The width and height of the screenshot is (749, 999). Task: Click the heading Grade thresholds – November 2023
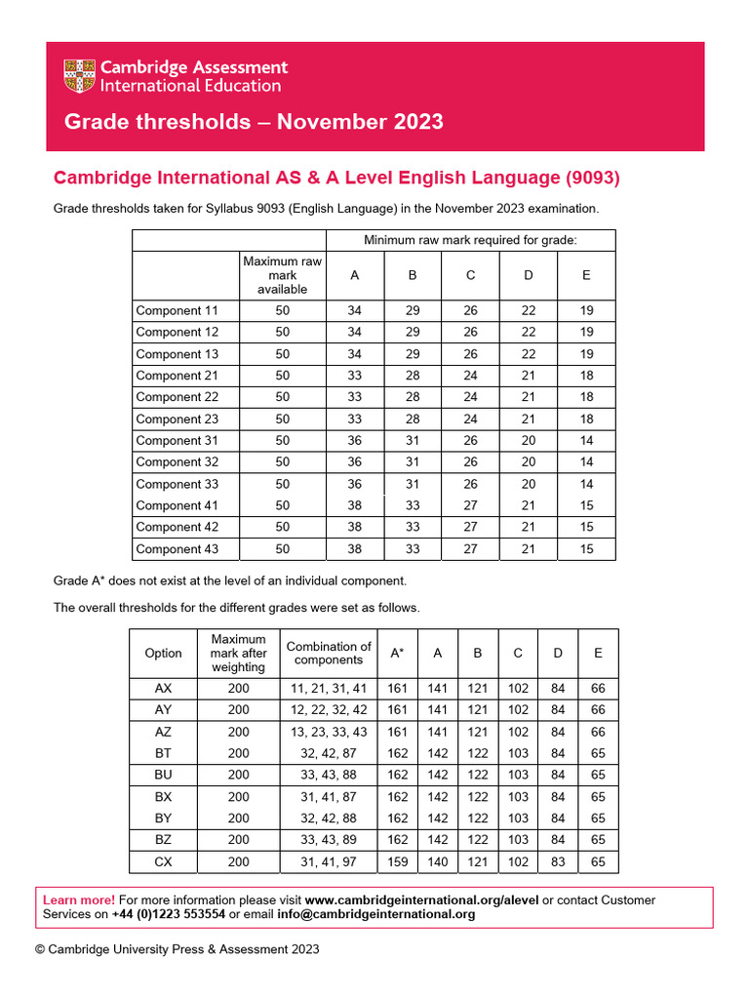click(253, 122)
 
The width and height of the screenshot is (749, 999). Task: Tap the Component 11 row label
click(177, 310)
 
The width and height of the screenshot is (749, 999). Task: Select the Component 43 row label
click(177, 549)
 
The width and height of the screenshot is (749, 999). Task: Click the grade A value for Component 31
click(355, 440)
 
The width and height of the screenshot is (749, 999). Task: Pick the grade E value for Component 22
click(586, 397)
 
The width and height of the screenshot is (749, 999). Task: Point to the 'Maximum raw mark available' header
click(282, 275)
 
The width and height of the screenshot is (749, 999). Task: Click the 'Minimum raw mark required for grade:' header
click(470, 240)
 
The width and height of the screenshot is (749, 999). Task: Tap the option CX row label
click(163, 861)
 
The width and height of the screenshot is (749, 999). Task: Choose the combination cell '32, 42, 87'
click(328, 753)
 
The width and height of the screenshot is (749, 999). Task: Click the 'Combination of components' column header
click(328, 653)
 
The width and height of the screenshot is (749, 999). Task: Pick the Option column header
click(163, 653)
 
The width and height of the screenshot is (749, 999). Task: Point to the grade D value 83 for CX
click(558, 861)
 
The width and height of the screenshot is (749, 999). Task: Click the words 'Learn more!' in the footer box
click(79, 899)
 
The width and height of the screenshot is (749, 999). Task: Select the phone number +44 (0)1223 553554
click(169, 915)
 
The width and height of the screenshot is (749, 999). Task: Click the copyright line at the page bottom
click(177, 949)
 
